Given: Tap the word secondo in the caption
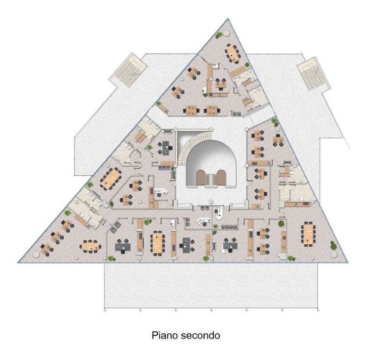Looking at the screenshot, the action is tap(201, 335).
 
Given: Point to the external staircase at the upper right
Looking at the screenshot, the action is tap(313, 74).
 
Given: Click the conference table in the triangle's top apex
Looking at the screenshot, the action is tap(232, 54).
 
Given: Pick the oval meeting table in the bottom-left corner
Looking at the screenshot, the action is tap(90, 247).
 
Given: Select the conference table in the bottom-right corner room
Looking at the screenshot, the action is tap(308, 234).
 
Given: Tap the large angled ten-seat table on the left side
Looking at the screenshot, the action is tap(111, 179).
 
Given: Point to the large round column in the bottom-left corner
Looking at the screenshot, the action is tap(36, 254).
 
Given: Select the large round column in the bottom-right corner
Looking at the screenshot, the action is tap(334, 254).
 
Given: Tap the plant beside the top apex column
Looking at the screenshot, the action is tap(218, 35).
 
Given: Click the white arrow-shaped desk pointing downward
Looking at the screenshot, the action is tap(220, 213).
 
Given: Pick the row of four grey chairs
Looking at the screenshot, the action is tap(230, 226).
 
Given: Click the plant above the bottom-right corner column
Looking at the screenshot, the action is tap(333, 246).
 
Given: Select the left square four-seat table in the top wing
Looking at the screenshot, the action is tap(191, 110).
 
